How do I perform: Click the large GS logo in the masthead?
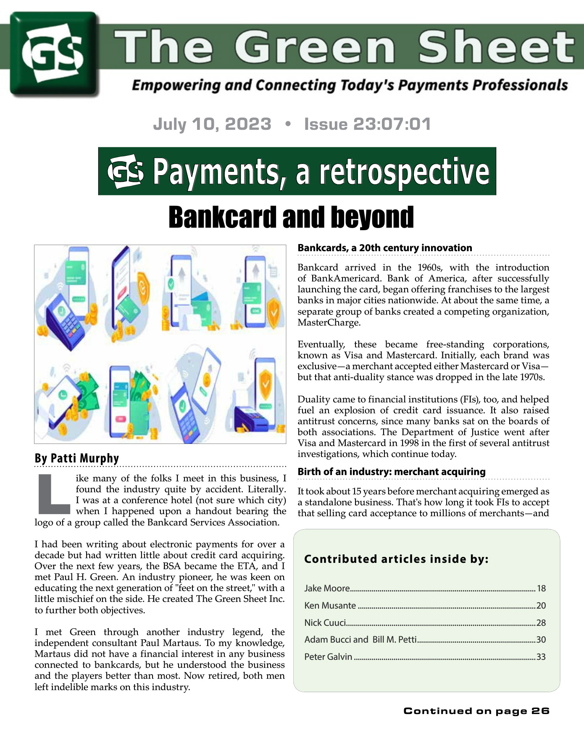[x=53, y=53]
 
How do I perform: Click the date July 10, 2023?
[x=212, y=124]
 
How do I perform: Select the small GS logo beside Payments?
[x=125, y=172]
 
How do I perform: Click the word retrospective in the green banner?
[x=404, y=172]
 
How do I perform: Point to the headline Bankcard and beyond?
[x=291, y=217]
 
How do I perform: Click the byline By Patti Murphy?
[x=77, y=458]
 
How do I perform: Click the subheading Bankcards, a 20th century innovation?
[x=385, y=248]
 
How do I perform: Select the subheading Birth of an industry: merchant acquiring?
[x=392, y=472]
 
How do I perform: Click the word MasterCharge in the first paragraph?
[x=329, y=323]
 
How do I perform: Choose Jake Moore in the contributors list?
[x=327, y=588]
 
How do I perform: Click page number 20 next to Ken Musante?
[x=541, y=606]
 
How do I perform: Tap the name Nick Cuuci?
[x=325, y=623]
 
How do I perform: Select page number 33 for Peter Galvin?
[x=541, y=657]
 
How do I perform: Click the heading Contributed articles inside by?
[x=396, y=559]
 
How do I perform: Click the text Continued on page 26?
[x=476, y=711]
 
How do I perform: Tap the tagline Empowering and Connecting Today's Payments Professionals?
[x=350, y=85]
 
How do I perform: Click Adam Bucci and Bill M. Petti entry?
[x=360, y=640]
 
